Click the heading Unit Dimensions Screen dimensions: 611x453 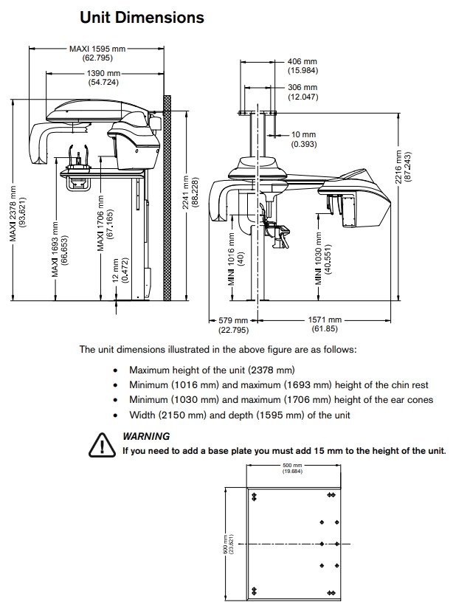pyautogui.click(x=142, y=16)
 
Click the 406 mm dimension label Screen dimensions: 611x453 pyautogui.click(x=302, y=65)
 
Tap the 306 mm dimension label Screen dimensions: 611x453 pyautogui.click(x=302, y=92)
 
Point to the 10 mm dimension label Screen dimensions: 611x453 pyautogui.click(x=303, y=139)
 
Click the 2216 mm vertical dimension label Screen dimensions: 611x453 pyautogui.click(x=403, y=168)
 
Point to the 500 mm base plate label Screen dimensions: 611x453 pyautogui.click(x=292, y=469)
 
